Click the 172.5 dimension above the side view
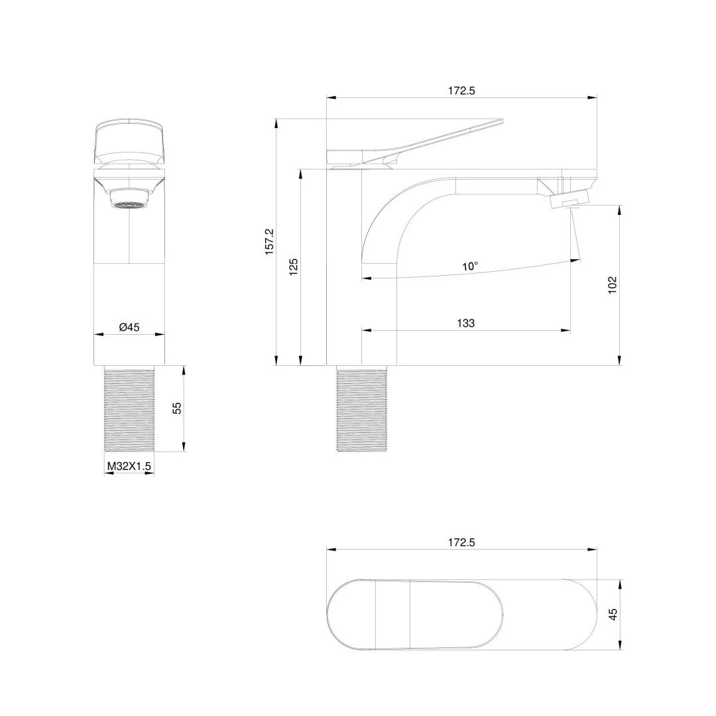click(461, 91)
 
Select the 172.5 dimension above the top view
click(461, 542)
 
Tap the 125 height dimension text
click(294, 267)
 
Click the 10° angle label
click(470, 267)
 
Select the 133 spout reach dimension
click(466, 324)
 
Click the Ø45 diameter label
click(129, 327)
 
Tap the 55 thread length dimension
click(177, 408)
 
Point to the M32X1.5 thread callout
click(129, 467)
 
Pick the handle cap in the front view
click(129, 141)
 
